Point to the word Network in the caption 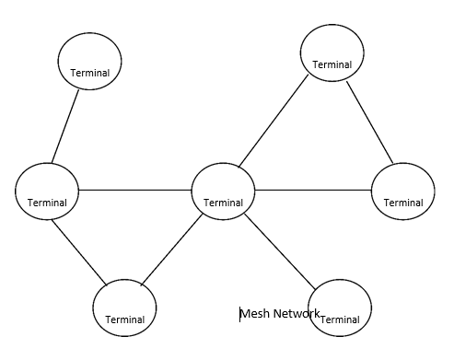(x=297, y=314)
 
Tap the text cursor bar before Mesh (x=240, y=314)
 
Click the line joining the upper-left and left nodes (x=65, y=127)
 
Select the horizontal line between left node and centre (x=134, y=190)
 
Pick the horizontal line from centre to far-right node (x=313, y=190)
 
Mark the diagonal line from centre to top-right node (x=274, y=122)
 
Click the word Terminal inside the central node (x=223, y=203)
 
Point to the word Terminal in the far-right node (x=403, y=203)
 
